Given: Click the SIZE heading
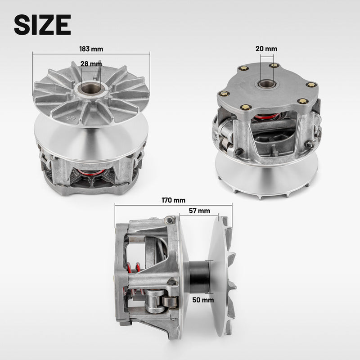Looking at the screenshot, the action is [42, 25].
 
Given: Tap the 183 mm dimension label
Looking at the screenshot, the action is [91, 49].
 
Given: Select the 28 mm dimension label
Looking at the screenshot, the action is [91, 63].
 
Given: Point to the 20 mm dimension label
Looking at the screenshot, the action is [266, 49].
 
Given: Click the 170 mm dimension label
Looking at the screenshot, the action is [173, 200].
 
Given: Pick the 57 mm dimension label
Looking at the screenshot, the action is [199, 211].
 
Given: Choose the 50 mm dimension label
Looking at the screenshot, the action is [203, 300].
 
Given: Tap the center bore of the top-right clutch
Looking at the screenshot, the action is [267, 84].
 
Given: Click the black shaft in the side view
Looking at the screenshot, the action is [199, 277].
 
